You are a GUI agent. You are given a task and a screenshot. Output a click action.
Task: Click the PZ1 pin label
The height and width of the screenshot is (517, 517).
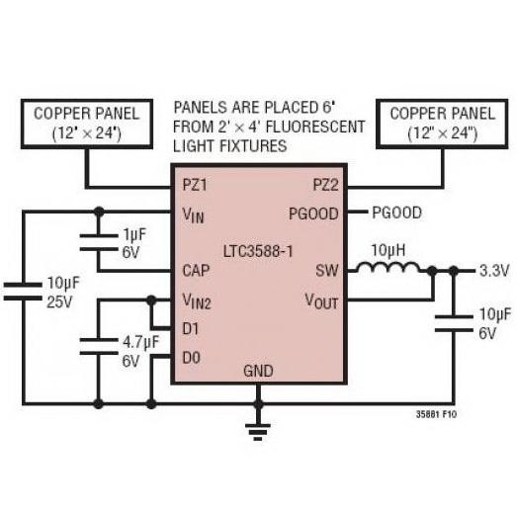(x=195, y=185)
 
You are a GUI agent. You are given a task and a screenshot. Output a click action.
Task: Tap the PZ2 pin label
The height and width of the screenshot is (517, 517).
(x=326, y=185)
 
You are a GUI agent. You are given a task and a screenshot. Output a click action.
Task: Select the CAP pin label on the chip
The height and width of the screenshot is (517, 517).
(x=196, y=271)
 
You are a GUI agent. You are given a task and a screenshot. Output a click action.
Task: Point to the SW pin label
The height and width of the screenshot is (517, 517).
(x=327, y=271)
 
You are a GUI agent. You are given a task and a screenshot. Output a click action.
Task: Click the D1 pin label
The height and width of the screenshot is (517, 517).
(x=191, y=329)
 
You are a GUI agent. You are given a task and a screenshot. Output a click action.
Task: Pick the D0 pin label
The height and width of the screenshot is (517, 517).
(x=191, y=358)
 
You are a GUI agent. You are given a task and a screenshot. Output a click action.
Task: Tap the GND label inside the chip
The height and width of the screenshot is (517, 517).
(x=258, y=371)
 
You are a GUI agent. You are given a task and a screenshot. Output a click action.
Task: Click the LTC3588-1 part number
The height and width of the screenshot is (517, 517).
(x=258, y=251)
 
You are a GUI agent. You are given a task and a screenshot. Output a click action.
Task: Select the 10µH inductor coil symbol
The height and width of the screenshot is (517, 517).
(x=389, y=268)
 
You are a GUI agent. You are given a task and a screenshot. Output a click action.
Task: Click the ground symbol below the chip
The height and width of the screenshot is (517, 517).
(x=258, y=432)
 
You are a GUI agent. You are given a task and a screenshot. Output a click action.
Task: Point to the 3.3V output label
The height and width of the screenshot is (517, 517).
(x=494, y=271)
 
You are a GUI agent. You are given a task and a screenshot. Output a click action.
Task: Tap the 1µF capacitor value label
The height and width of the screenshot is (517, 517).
(x=134, y=234)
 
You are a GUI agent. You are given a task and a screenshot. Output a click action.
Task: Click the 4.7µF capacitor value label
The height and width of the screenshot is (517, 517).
(x=140, y=342)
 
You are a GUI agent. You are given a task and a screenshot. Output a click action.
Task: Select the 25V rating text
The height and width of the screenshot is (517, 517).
(x=59, y=302)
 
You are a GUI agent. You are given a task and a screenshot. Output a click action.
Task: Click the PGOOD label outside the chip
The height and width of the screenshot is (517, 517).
(x=397, y=213)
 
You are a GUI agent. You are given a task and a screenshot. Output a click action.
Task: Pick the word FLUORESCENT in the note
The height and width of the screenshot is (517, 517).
(x=315, y=127)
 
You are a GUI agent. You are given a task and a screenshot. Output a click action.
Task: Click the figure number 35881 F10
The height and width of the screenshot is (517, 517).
(x=436, y=414)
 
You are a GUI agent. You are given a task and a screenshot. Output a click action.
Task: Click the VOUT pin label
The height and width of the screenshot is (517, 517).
(x=322, y=302)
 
